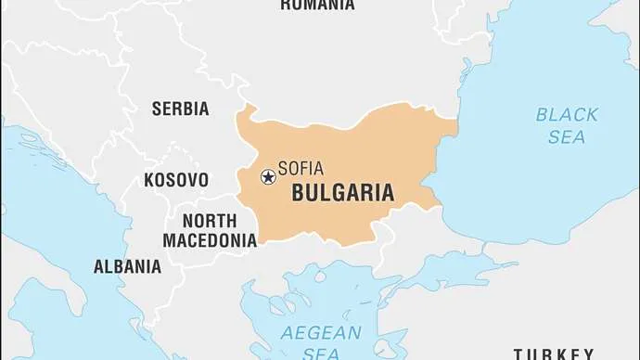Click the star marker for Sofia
[x=268, y=175]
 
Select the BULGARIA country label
[x=342, y=193]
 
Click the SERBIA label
[x=180, y=109]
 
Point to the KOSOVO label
[x=176, y=180]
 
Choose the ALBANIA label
[x=127, y=266]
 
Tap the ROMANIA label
[x=317, y=5]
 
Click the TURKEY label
[x=554, y=354]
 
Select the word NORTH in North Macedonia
[x=210, y=221]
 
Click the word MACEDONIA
[x=210, y=240]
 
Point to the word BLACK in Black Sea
[x=567, y=115]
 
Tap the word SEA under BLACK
[x=566, y=136]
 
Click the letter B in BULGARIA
[x=299, y=193]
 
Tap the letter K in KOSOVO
[x=148, y=180]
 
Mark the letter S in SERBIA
[x=157, y=109]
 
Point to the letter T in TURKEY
[x=519, y=354]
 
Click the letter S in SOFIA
[x=283, y=170]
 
